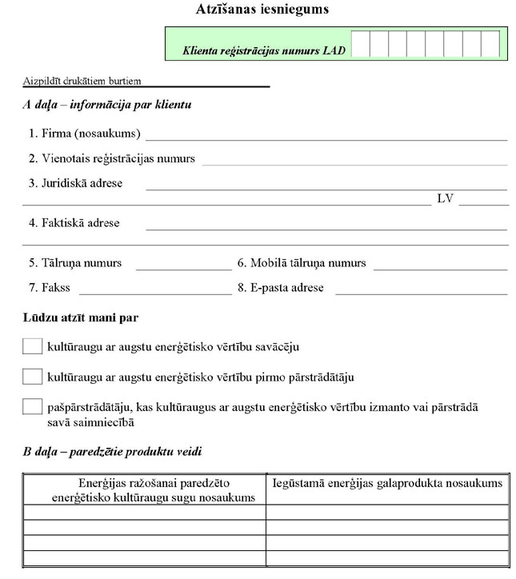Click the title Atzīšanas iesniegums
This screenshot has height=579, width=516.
[x=250, y=10]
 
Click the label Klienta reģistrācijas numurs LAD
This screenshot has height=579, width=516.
[x=265, y=50]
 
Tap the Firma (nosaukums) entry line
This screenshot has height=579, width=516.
[x=326, y=134]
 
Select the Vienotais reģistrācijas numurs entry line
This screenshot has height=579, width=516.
[x=354, y=159]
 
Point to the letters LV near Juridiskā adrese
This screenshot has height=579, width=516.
[x=445, y=198]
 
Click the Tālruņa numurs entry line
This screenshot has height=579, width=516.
[x=183, y=264]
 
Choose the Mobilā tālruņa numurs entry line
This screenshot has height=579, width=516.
[x=440, y=264]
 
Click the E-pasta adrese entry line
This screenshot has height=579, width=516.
[x=421, y=289]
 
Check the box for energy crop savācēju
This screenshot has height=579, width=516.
[x=32, y=346]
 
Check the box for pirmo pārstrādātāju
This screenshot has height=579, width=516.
[x=32, y=376]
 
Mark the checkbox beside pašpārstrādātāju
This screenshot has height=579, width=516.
[x=32, y=406]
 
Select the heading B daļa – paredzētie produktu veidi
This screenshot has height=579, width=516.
[x=112, y=452]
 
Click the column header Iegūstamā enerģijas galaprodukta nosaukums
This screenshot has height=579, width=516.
[x=387, y=483]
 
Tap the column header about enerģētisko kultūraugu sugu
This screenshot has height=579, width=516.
[x=144, y=490]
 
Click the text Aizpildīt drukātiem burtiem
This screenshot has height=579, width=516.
[x=82, y=81]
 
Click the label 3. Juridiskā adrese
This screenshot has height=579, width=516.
[x=75, y=183]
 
